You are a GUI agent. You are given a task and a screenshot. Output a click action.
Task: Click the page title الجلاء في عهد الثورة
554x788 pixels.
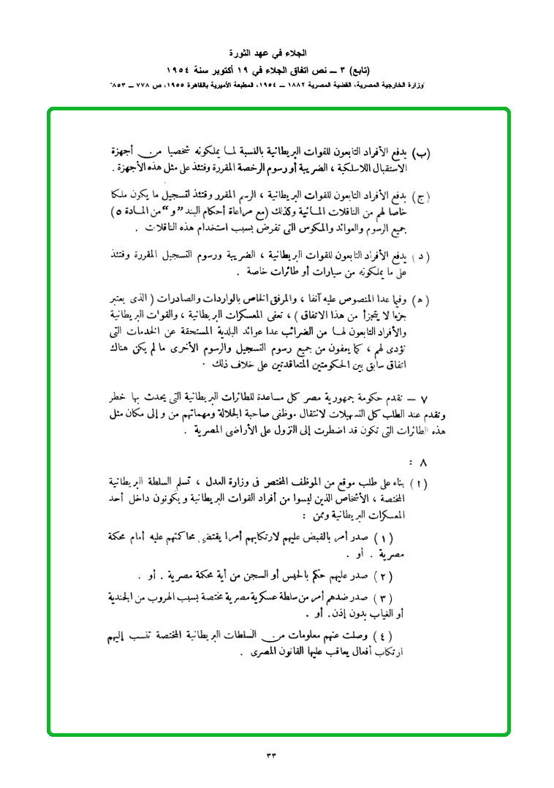click(x=277, y=54)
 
